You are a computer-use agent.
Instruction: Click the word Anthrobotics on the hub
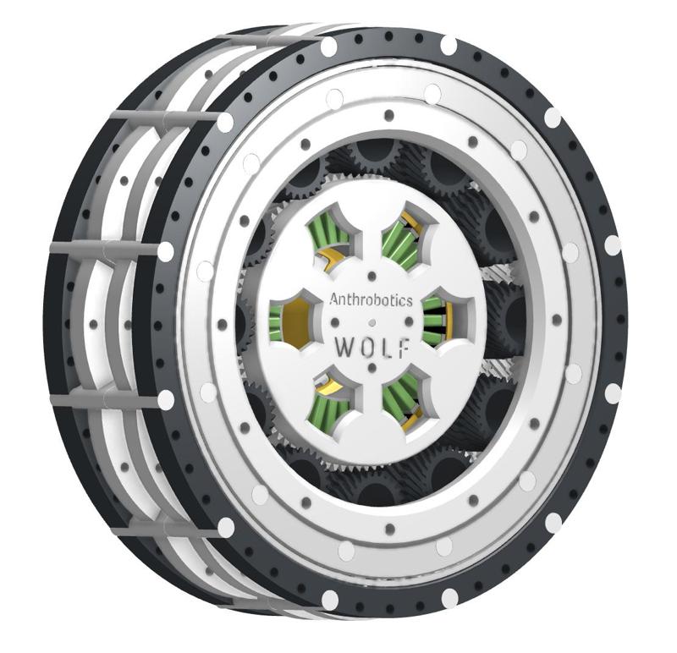click(x=370, y=299)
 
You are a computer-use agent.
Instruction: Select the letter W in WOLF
click(x=344, y=347)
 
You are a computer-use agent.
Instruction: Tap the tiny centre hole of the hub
click(x=373, y=322)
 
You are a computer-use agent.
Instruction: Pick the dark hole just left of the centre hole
click(x=336, y=322)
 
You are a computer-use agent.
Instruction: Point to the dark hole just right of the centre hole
click(x=410, y=322)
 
